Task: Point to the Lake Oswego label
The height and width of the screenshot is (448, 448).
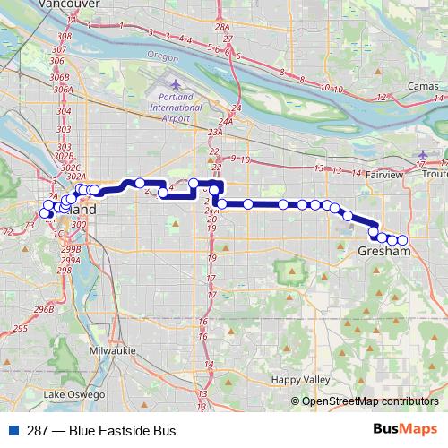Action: (x=74, y=394)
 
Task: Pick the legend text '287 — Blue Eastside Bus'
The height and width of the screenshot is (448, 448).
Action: (x=101, y=431)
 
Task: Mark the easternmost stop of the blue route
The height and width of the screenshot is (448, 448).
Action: (x=402, y=240)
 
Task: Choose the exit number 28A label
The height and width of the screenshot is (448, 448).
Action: (x=222, y=29)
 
